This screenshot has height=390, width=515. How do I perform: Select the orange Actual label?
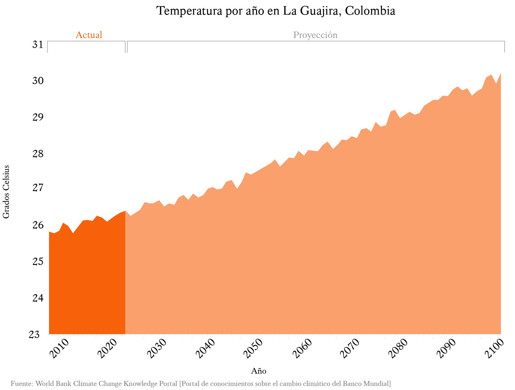coord(89,35)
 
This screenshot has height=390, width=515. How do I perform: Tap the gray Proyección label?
coord(315,35)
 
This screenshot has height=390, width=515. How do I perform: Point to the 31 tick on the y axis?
coord(38,45)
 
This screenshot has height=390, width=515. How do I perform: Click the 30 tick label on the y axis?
coord(38,81)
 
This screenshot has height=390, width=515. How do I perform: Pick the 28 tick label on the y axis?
coord(38,154)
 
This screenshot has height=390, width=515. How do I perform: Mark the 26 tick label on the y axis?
coord(38,225)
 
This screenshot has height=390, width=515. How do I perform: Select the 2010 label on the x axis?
coord(59,348)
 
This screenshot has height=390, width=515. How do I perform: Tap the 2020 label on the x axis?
coord(107,348)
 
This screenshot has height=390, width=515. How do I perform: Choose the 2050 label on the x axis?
coord(253,348)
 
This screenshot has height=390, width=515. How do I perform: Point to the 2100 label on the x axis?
coord(494,348)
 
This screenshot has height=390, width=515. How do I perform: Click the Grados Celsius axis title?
coord(6,192)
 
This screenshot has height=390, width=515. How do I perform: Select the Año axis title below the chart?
coord(259,371)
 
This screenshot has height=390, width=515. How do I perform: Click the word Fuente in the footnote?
coord(22,384)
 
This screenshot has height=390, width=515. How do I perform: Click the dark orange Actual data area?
coord(87,278)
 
